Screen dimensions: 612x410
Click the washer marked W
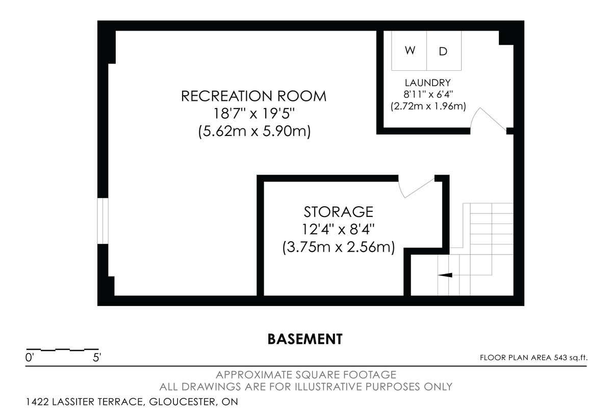click(x=409, y=50)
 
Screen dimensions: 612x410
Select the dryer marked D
click(x=444, y=50)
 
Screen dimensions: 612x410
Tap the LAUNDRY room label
click(x=427, y=83)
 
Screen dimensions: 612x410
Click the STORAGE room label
click(x=339, y=212)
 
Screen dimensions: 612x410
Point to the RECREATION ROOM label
click(x=254, y=96)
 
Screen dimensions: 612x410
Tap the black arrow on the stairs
click(x=445, y=275)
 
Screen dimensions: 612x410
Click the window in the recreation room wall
click(x=103, y=221)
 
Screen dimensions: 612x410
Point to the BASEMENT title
click(x=305, y=339)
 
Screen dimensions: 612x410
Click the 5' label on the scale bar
click(x=97, y=358)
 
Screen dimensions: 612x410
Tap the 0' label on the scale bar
click(x=29, y=358)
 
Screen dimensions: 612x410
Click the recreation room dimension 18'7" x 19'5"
click(x=254, y=114)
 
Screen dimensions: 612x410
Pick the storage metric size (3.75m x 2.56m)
click(x=339, y=247)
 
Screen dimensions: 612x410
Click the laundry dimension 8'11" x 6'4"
click(x=428, y=94)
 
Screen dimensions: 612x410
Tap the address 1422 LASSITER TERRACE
click(x=84, y=402)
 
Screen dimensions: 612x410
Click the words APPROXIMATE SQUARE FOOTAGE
click(x=306, y=375)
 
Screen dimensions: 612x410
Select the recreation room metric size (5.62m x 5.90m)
click(x=254, y=131)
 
